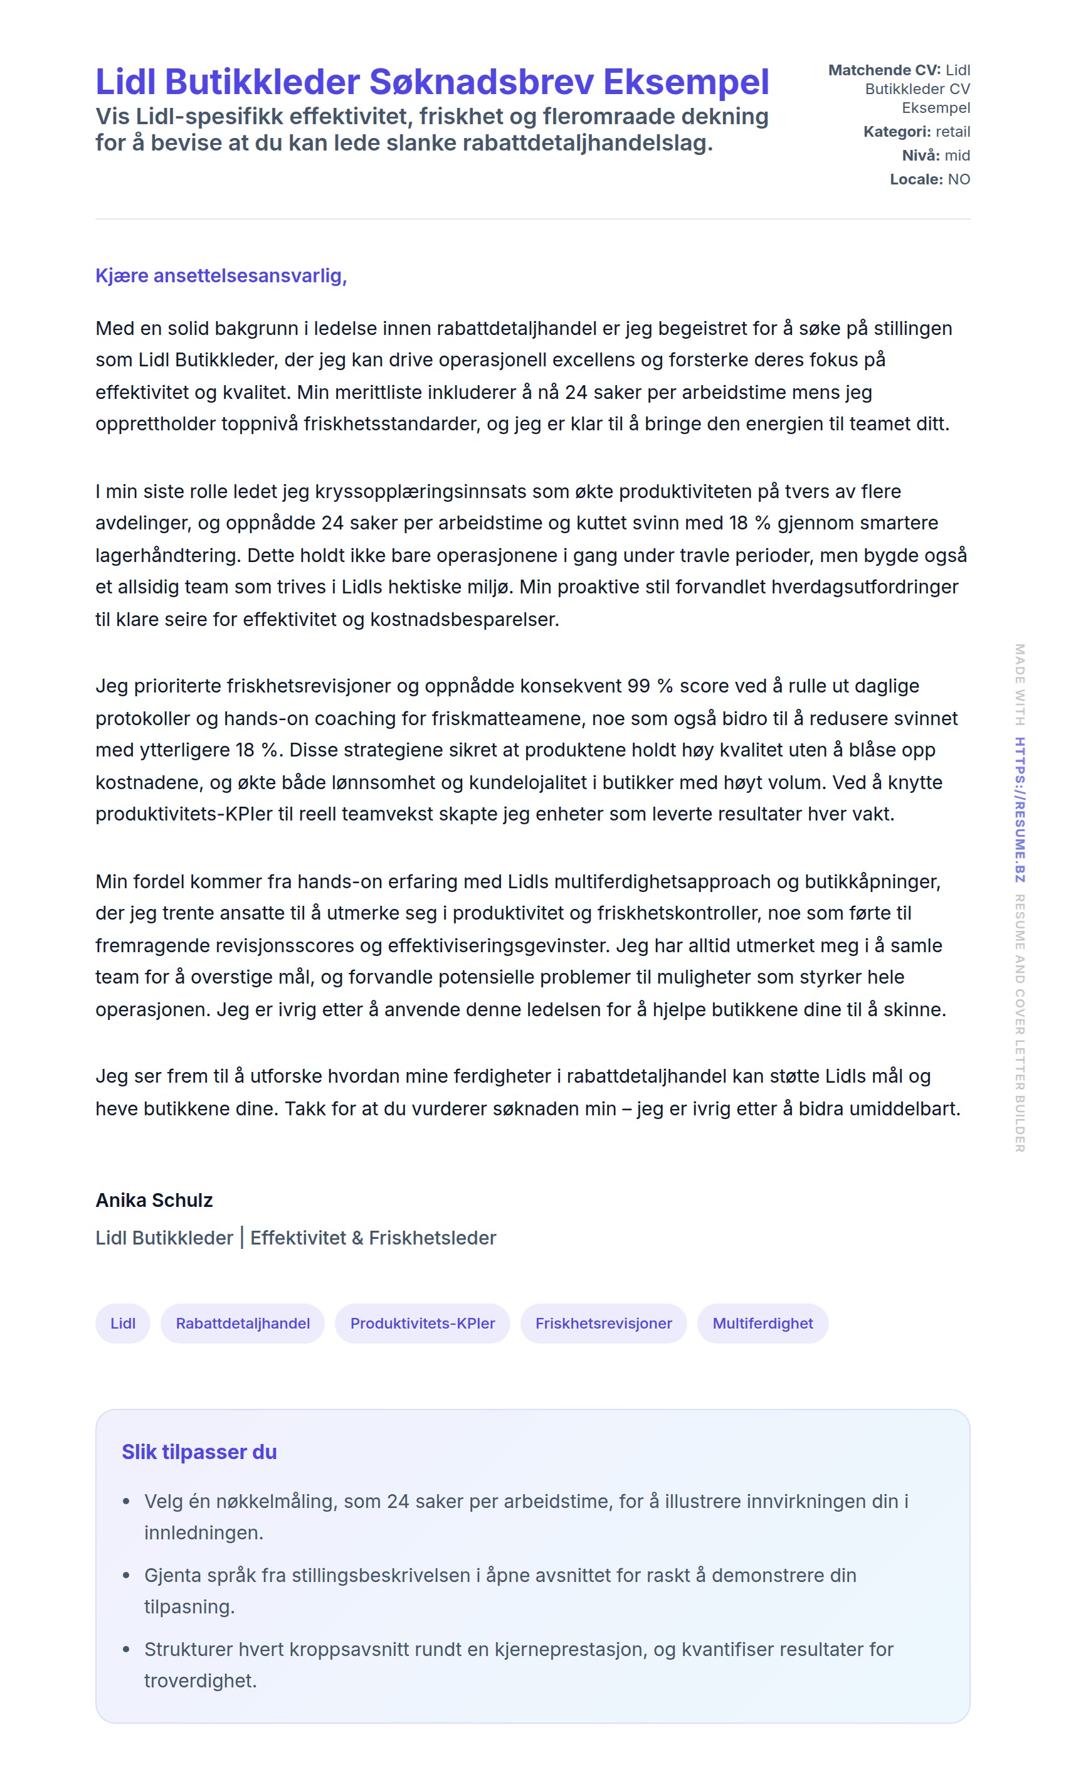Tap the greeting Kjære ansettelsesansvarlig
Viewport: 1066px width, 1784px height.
[221, 276]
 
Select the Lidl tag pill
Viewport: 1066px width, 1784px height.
[123, 1324]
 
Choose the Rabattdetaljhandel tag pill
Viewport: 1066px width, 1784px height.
[243, 1324]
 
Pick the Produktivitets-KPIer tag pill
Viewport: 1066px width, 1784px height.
[423, 1324]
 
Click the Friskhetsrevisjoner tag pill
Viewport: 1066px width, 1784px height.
[603, 1324]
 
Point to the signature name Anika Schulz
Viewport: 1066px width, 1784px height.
[154, 1201]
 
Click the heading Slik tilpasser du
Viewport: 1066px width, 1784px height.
[199, 1452]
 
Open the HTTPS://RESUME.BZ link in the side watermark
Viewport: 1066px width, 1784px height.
[1020, 810]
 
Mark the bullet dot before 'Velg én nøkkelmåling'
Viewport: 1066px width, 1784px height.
[127, 1502]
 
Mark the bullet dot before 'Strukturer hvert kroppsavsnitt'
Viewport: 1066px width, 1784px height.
[127, 1650]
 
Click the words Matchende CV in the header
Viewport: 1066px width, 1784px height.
[884, 70]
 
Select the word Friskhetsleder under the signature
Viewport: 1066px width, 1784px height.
[433, 1238]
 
